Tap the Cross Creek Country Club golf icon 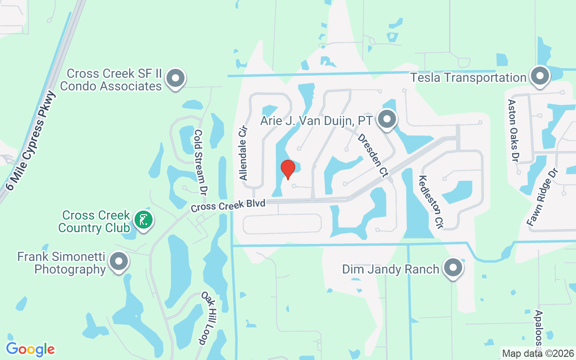[144, 220]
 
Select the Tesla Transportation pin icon [540, 76]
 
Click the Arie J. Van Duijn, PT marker [387, 120]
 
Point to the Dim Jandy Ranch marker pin [453, 268]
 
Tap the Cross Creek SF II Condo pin [175, 79]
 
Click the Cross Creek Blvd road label [228, 206]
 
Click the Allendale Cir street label [243, 153]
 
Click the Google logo [30, 349]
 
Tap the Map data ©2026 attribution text [538, 353]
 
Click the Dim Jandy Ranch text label [390, 270]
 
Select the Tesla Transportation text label [468, 78]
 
